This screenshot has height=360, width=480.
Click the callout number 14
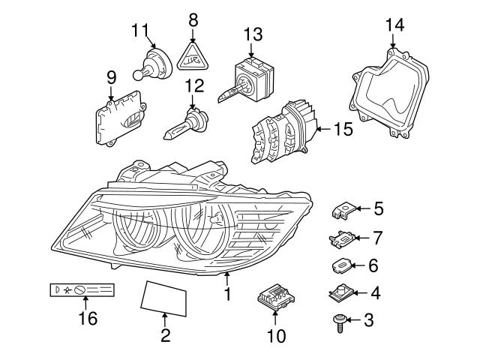[394, 25]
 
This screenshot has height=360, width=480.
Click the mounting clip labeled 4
[341, 293]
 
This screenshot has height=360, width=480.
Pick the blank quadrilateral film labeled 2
[163, 295]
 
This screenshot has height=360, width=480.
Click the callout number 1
[226, 295]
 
